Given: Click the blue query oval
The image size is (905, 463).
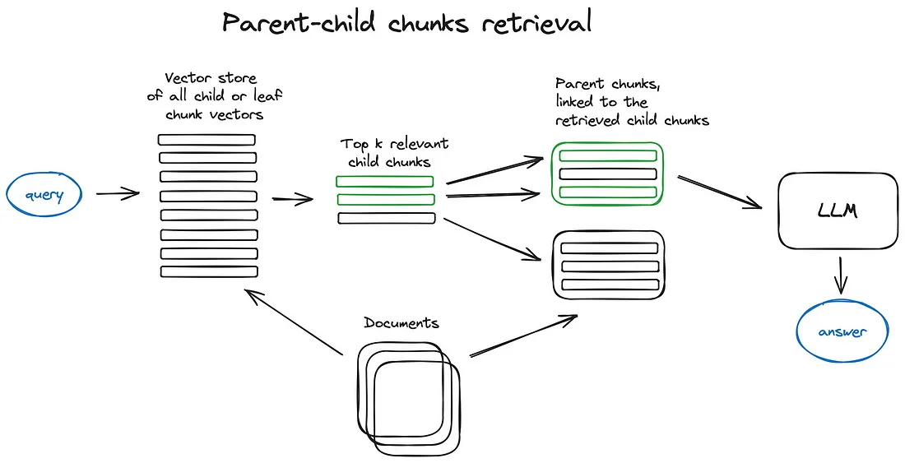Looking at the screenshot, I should pyautogui.click(x=45, y=195).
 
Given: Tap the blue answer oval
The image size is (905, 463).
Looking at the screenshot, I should pyautogui.click(x=842, y=332).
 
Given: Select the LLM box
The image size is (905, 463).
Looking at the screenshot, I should pyautogui.click(x=838, y=211).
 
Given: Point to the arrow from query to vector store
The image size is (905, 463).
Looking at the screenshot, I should pyautogui.click(x=117, y=194).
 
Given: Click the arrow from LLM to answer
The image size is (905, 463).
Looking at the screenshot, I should pyautogui.click(x=840, y=275).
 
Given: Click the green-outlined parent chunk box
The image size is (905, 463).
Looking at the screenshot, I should pyautogui.click(x=607, y=173).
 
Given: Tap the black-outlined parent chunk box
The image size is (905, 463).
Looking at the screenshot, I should pyautogui.click(x=608, y=264).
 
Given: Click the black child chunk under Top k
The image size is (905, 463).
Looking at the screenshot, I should pyautogui.click(x=386, y=218).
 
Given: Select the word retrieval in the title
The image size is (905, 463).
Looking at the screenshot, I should pyautogui.click(x=536, y=23).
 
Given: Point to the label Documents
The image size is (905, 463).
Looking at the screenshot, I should pyautogui.click(x=401, y=323).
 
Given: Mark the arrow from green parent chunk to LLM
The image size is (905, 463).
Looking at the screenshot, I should pyautogui.click(x=719, y=192).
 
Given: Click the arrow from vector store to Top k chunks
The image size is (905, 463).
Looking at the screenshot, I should pyautogui.click(x=292, y=198).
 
